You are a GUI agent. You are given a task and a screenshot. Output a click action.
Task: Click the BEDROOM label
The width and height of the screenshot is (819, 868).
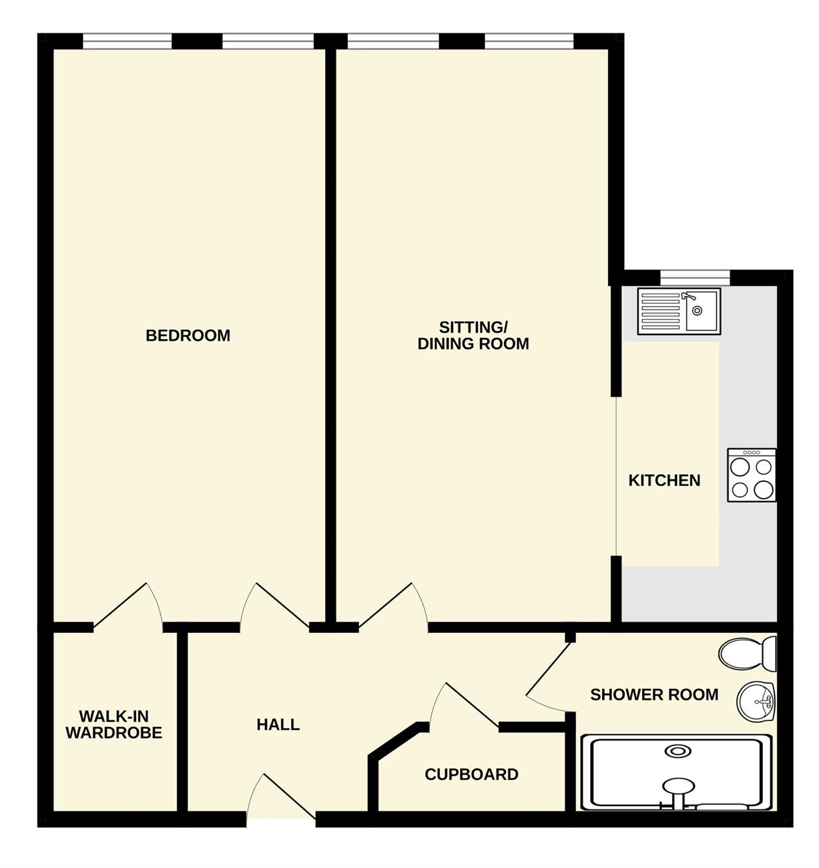(x=188, y=336)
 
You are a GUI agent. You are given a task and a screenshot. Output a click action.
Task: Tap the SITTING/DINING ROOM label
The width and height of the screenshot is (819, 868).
(x=473, y=336)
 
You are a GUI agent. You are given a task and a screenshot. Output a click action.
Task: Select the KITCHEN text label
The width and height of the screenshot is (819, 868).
(x=664, y=481)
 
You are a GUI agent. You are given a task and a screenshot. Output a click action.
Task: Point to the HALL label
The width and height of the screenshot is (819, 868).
(x=278, y=724)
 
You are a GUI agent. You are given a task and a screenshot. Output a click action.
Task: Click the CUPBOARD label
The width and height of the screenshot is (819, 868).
(x=471, y=775)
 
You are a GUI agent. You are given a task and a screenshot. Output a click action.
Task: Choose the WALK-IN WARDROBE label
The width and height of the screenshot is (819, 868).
(x=114, y=724)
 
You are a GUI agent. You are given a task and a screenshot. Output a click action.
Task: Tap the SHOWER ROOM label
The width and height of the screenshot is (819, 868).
(x=654, y=694)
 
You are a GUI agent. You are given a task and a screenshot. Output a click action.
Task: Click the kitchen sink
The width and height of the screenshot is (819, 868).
(x=679, y=310)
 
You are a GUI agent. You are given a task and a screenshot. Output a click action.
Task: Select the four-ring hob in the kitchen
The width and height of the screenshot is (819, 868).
(x=752, y=475)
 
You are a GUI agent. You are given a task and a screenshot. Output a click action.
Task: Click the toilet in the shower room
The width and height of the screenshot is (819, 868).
(x=748, y=654)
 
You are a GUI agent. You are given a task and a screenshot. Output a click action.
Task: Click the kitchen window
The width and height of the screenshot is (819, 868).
(x=695, y=278)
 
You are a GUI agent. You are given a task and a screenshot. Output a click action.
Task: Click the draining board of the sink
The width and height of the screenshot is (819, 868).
(x=660, y=310)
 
